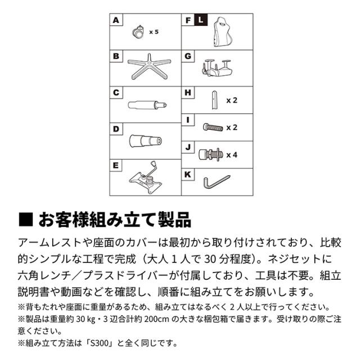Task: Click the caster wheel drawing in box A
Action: [138, 32]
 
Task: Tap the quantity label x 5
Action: [154, 32]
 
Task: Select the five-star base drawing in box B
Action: [149, 67]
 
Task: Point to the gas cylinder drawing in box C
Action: [147, 105]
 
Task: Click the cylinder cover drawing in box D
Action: [146, 140]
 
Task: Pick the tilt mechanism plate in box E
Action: [146, 178]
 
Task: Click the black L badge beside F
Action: [201, 20]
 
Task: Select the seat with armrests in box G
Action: [217, 67]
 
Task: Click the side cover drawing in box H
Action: [215, 100]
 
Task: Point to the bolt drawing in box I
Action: [213, 127]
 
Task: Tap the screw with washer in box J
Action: [211, 154]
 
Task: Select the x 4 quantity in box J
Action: [232, 155]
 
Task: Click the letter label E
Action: [116, 166]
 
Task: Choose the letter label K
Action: [187, 175]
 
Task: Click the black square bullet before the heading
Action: [25, 219]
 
